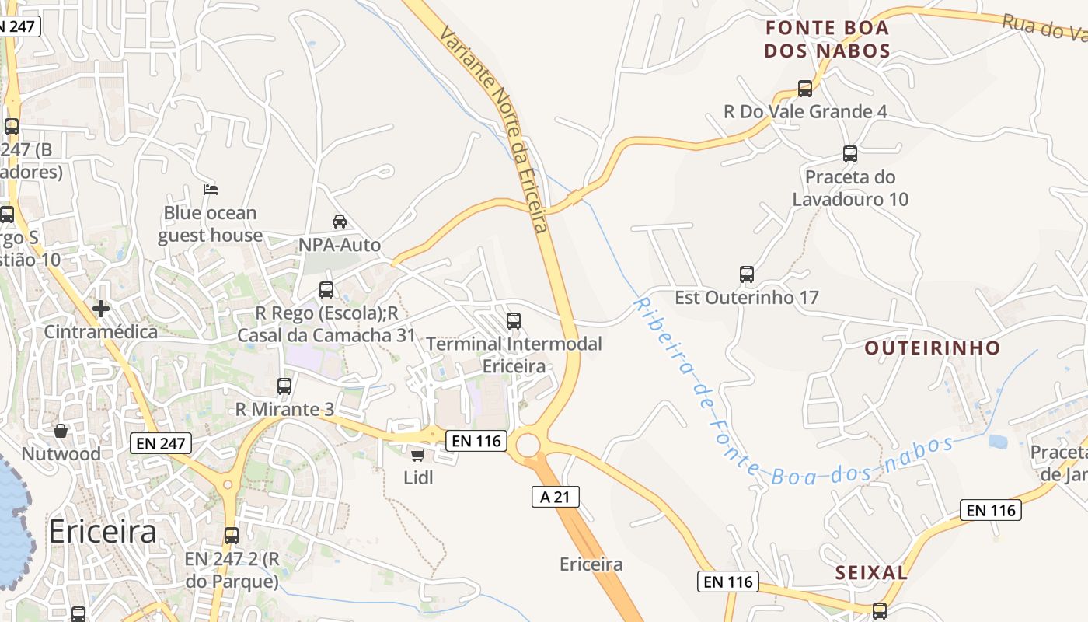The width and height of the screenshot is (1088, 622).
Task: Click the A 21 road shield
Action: coord(556,497)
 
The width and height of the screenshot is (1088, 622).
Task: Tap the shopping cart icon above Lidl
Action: coord(417,455)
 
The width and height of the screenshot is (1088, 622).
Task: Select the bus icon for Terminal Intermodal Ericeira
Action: coord(513,320)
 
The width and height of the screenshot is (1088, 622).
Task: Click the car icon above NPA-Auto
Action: coord(340,222)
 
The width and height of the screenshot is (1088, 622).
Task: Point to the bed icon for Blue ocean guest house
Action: coord(210,189)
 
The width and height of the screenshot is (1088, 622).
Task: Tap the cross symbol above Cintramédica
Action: coord(100,309)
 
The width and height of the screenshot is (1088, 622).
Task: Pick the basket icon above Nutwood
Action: coord(61,430)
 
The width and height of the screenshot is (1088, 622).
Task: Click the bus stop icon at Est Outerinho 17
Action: coord(747,274)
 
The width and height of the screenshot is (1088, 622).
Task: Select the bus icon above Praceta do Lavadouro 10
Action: coord(850,154)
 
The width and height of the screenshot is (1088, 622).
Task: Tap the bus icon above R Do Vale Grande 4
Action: coord(805,89)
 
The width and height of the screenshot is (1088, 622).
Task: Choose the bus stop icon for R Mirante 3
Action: coord(284,386)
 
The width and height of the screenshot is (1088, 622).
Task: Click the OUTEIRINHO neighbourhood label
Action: coord(933,348)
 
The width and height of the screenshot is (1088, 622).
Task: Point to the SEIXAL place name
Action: coord(871,573)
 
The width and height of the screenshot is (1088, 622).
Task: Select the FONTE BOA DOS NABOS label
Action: coord(827,40)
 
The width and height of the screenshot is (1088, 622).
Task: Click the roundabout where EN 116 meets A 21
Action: coord(528,446)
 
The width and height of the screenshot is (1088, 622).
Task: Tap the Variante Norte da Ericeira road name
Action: coord(494,129)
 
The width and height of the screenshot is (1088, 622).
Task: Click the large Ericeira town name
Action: coord(103,532)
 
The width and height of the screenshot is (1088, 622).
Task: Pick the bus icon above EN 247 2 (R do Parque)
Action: coord(232,535)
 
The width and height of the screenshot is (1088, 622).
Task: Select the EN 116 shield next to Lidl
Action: coord(477,441)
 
